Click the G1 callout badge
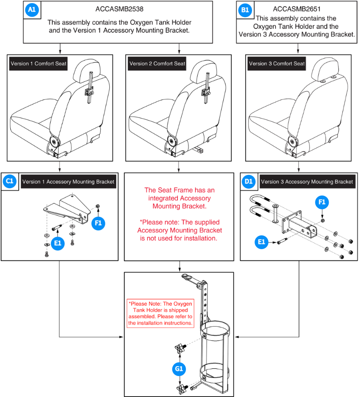click(x=179, y=368)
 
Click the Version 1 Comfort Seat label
click(x=39, y=64)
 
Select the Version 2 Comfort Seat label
click(x=157, y=64)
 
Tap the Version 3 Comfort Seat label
click(x=277, y=64)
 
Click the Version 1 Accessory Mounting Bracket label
click(x=68, y=182)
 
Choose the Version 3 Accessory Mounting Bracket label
click(x=307, y=182)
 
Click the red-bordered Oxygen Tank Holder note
click(x=160, y=313)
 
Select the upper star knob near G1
click(x=179, y=348)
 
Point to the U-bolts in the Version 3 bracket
click(x=259, y=208)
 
